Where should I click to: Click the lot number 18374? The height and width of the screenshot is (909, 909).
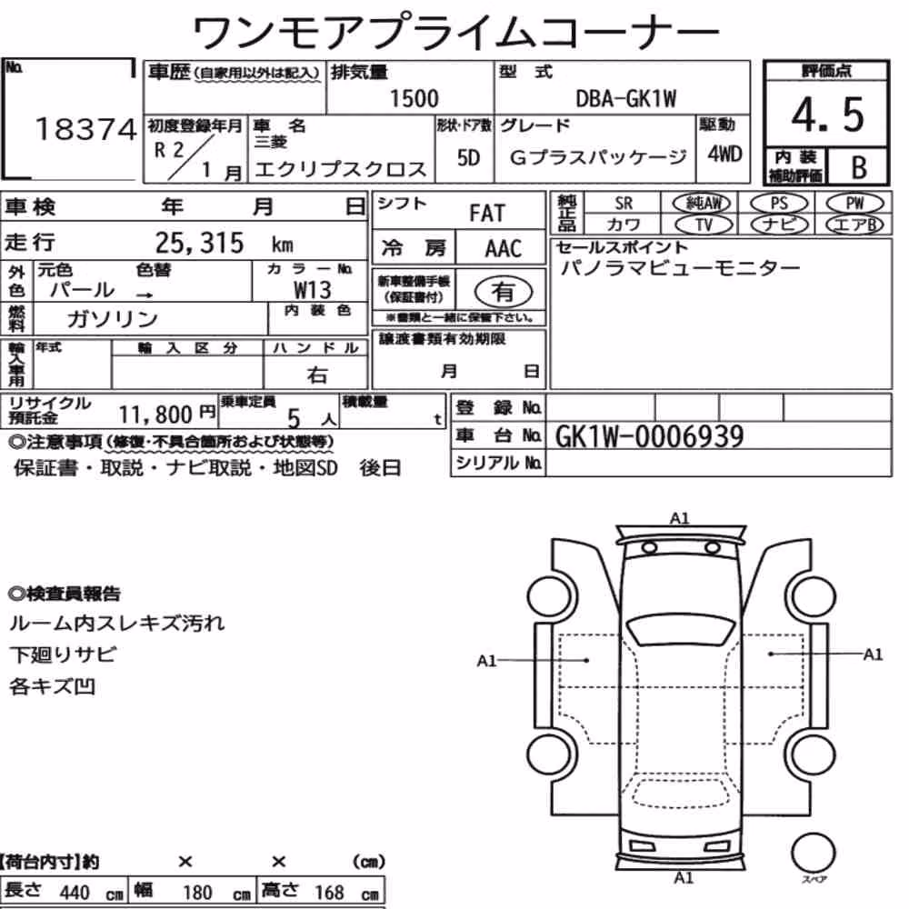86,129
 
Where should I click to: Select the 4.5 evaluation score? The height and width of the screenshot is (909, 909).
827,115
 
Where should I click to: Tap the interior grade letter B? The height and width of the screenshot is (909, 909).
859,167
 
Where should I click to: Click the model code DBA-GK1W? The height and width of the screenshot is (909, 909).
625,99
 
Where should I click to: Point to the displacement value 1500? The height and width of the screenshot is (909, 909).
414,98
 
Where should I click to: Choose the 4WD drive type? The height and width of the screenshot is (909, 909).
724,155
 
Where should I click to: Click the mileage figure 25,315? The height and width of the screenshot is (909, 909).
199,243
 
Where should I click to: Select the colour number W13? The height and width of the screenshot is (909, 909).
313,289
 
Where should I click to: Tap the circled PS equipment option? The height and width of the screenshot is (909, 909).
779,204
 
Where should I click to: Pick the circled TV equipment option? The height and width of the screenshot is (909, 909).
704,225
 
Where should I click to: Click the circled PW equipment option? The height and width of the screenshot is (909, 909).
854,204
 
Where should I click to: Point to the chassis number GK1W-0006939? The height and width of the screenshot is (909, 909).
649,436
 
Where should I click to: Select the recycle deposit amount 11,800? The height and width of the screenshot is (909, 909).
155,414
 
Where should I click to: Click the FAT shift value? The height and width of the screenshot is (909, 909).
487,214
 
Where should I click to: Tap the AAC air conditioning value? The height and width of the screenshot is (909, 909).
503,249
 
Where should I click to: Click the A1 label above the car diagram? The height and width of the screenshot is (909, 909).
679,518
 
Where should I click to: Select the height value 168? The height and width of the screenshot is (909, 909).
329,893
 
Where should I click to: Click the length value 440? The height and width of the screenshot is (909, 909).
75,893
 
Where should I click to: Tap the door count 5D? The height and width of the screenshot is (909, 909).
468,157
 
